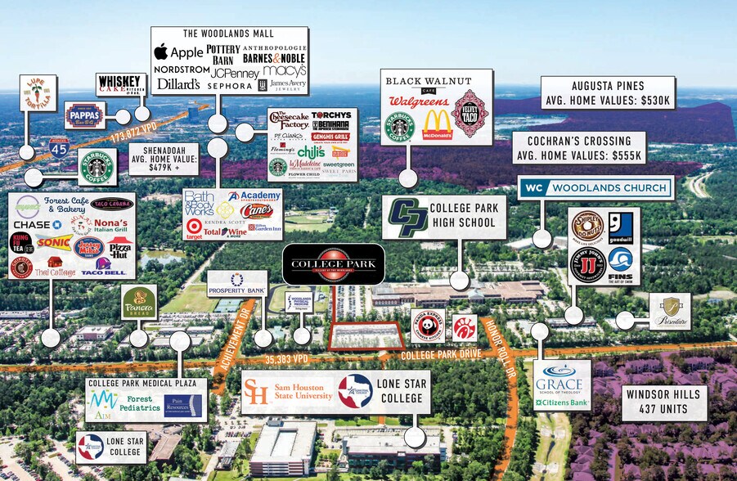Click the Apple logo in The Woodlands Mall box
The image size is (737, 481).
click(x=161, y=52)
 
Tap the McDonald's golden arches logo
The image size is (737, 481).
click(x=437, y=125)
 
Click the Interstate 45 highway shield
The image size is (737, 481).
click(x=58, y=147)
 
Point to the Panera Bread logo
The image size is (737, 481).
click(x=139, y=303)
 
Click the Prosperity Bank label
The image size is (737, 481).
click(x=237, y=284)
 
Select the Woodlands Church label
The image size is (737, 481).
click(x=596, y=188)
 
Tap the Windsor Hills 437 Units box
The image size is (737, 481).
click(x=663, y=401)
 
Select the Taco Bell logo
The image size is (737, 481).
click(x=104, y=266)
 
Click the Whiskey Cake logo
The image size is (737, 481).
click(x=120, y=85)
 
